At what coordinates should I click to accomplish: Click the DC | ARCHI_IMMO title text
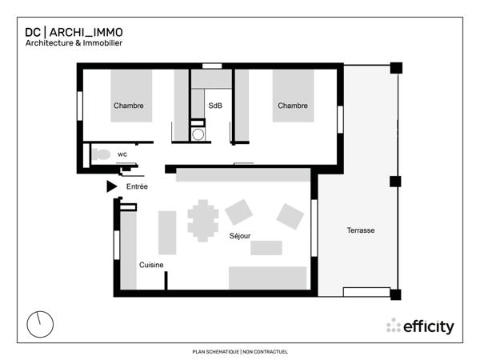click(74, 33)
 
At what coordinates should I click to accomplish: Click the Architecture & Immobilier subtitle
click(74, 43)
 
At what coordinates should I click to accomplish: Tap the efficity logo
click(420, 326)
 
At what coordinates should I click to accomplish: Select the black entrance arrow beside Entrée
click(111, 186)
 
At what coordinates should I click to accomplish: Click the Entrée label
click(138, 186)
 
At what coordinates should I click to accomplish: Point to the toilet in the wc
click(100, 154)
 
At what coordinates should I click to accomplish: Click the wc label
click(122, 154)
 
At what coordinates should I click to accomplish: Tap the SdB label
click(215, 106)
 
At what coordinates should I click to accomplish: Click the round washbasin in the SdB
click(198, 134)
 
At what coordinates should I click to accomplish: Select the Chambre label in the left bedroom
click(129, 106)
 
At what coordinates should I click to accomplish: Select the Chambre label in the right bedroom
click(292, 106)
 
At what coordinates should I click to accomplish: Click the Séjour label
click(240, 237)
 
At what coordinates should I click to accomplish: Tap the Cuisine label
click(152, 265)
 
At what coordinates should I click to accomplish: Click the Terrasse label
click(361, 230)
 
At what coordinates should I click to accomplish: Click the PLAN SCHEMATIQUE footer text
click(240, 351)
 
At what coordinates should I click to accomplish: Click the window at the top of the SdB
click(211, 66)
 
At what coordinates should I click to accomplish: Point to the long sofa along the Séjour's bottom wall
click(268, 278)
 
